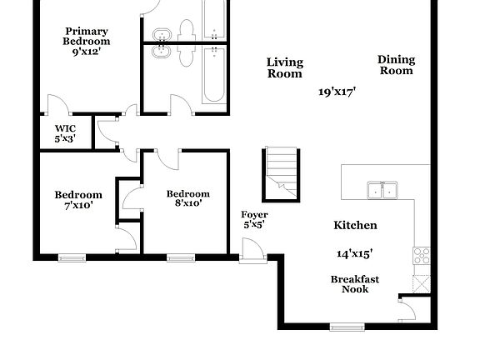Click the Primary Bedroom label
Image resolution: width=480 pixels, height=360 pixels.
pos(87,36)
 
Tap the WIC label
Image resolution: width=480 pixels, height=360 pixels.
pos(65,128)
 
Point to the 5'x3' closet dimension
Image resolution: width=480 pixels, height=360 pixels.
pos(65,139)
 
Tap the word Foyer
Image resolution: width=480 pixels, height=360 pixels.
pos(254,215)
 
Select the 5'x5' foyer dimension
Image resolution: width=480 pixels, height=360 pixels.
pos(254,225)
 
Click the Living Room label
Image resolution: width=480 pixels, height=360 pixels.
pos(284,67)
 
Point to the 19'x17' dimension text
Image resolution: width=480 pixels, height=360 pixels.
pos(337,92)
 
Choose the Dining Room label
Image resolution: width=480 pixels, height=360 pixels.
pos(396,65)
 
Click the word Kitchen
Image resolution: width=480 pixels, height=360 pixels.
pos(355,225)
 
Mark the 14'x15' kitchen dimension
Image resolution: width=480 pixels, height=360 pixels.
pos(354,253)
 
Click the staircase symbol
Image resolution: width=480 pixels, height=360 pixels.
pos(282,173)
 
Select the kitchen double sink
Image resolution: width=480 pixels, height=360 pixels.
pos(382,192)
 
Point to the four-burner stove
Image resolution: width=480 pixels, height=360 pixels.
pos(422,255)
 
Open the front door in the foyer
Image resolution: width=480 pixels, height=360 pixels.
pos(251,249)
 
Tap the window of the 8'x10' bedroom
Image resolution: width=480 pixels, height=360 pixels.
pos(180,257)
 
